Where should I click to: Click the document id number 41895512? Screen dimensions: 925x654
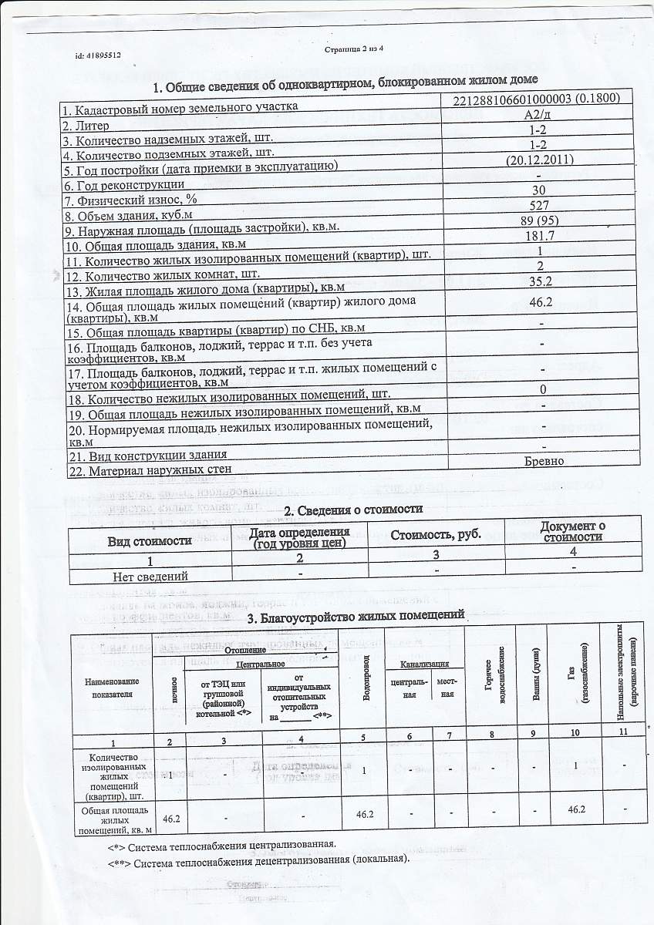tap(98, 55)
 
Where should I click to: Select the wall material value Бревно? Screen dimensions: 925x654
tap(544, 461)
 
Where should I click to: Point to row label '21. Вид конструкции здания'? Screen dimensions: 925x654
tap(147, 454)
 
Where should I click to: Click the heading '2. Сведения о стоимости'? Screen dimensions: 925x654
tap(353, 510)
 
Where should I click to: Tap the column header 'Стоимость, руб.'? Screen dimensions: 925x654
tap(436, 535)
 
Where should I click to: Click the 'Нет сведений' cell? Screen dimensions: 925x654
tap(150, 576)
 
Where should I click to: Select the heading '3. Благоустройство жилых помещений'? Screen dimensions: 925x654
tap(356, 617)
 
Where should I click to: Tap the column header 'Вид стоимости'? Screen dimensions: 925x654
tap(150, 540)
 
